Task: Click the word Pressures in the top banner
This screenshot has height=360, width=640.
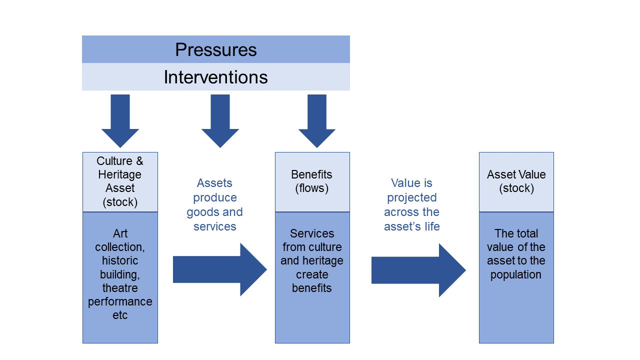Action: coord(215,49)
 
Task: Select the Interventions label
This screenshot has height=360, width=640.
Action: coord(215,77)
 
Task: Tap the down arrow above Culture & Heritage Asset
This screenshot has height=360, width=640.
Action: coord(120,121)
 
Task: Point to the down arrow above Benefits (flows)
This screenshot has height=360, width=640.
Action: coord(317,121)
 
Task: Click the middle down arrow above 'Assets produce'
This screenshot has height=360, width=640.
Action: coord(220,121)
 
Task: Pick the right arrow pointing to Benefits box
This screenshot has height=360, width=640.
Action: coord(220,269)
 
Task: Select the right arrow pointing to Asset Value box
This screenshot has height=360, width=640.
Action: coord(418,270)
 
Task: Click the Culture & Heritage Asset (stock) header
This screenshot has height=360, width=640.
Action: coord(120,182)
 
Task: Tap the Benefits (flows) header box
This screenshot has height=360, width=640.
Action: coord(312,182)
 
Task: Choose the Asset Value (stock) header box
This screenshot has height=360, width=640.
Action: coord(516,182)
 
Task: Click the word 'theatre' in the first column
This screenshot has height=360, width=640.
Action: coord(120,288)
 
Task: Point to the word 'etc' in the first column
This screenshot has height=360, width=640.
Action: coord(120,315)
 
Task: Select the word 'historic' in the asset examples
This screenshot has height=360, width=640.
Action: coord(120,260)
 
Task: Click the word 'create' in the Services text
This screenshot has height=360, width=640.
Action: coord(312,274)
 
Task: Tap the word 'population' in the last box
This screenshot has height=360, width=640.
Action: coord(516,275)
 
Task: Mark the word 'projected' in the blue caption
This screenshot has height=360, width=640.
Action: coord(411,197)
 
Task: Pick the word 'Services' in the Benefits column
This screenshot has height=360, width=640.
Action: coord(312,233)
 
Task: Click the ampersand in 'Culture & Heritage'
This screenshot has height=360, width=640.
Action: coord(139,161)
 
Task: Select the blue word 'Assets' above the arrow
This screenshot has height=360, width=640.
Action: coord(214,183)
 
